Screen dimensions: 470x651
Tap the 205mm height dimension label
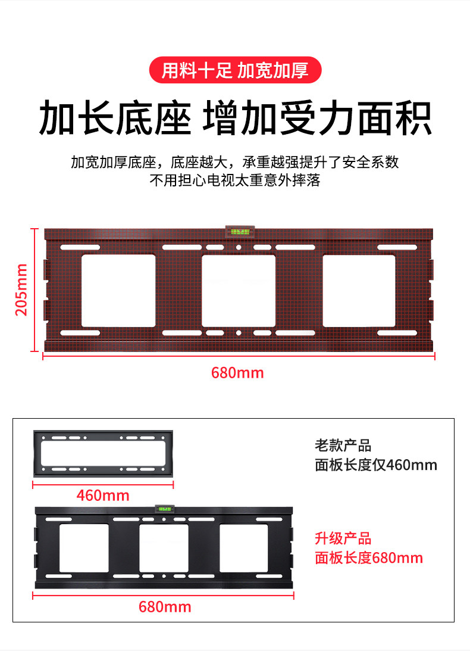click(21, 290)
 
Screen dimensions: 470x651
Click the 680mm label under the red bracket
click(237, 373)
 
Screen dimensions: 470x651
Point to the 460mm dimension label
click(102, 496)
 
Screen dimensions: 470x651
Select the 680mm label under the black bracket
click(165, 607)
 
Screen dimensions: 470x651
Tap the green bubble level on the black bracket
click(164, 509)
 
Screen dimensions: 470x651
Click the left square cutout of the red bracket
click(118, 291)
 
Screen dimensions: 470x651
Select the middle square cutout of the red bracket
click(238, 291)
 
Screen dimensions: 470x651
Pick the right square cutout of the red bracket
click(359, 291)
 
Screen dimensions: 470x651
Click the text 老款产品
click(343, 446)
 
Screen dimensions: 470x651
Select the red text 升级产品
click(343, 539)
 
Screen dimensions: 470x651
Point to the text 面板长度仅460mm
click(376, 465)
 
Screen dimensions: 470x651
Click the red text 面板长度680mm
click(369, 558)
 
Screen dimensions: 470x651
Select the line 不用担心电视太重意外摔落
click(234, 180)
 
